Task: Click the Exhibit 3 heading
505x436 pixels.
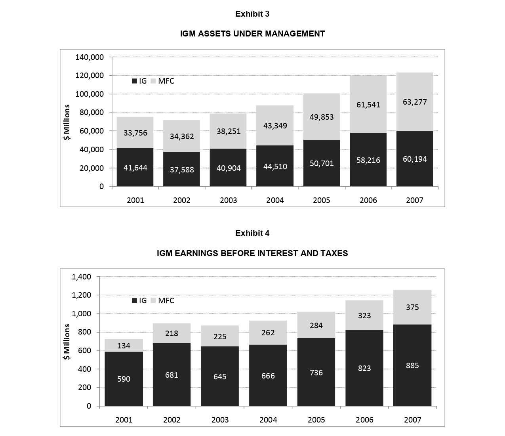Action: [252, 14]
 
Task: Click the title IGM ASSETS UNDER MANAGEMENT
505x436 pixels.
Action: [252, 34]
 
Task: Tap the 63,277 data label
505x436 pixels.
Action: [415, 102]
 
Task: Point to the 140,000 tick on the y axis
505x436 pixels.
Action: [90, 57]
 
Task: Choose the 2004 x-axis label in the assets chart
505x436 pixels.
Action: [275, 200]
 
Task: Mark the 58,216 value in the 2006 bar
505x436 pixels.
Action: [368, 160]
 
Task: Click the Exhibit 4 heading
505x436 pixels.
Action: [252, 233]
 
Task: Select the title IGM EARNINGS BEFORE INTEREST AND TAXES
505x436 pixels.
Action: [252, 253]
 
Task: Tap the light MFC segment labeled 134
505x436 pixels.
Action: [124, 346]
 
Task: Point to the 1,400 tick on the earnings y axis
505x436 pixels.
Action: [81, 277]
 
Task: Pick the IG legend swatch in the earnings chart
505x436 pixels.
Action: [135, 301]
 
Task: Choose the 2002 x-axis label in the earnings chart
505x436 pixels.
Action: [172, 420]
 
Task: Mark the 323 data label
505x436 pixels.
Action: [364, 316]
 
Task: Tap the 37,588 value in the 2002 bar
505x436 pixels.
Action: [182, 170]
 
